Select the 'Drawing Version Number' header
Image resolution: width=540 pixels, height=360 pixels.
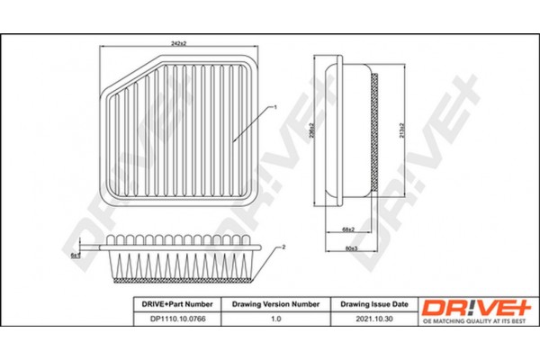(x=271, y=304)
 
